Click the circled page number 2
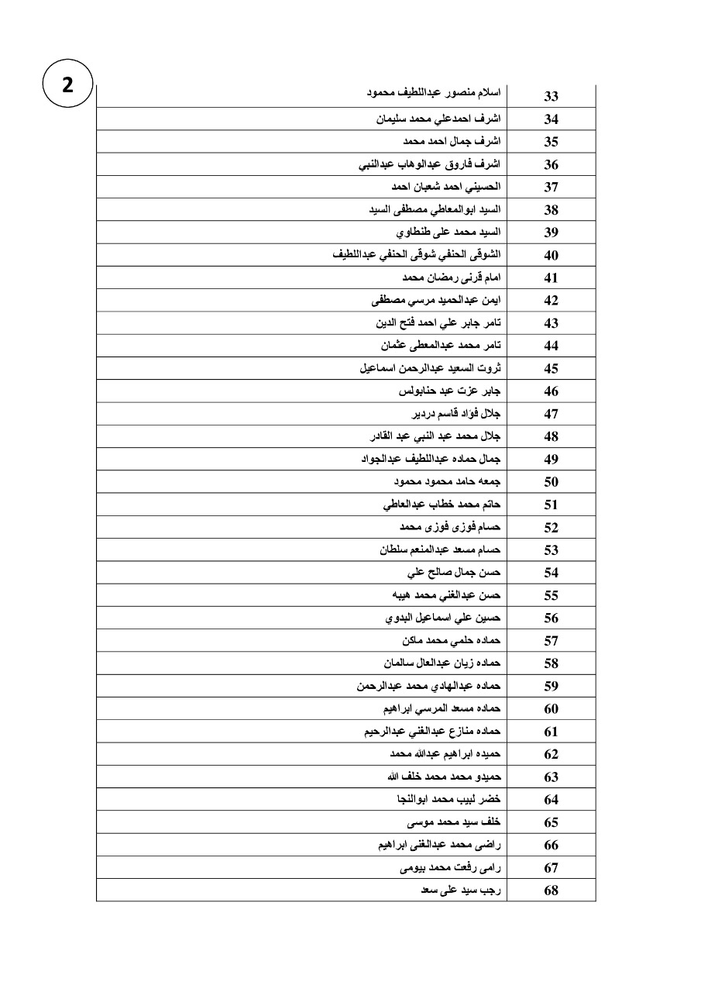pos(67,86)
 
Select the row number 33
pos(552,97)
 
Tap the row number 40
pos(552,255)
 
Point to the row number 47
pos(552,414)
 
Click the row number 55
pos(552,595)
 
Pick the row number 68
pos(552,890)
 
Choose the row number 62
pos(552,754)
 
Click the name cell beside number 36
pos(429,164)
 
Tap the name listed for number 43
pos(436,322)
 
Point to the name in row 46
pos(449,391)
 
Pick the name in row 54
pos(454,572)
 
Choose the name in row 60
pos(442,708)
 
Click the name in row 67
pos(450,867)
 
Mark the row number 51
pos(552,505)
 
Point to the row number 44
pos(552,346)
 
